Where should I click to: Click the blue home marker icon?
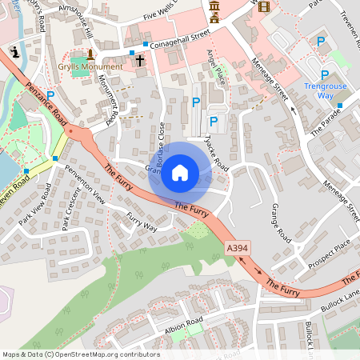(180, 173)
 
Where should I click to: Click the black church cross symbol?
(139, 60)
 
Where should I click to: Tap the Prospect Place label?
(330, 253)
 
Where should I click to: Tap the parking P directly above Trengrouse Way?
(324, 74)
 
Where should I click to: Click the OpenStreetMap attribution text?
(80, 354)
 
